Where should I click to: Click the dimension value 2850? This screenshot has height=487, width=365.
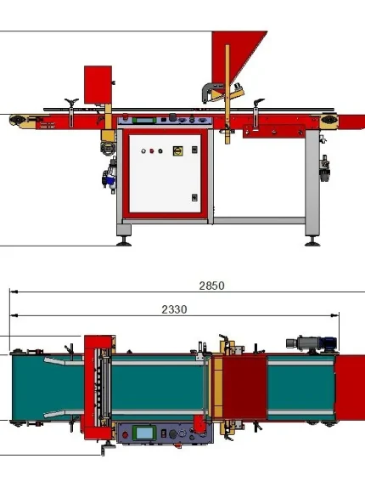(211, 286)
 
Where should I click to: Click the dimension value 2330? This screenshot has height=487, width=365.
(174, 309)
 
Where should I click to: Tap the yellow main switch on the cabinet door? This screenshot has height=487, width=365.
(177, 151)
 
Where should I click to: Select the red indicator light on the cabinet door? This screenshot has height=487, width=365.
(152, 151)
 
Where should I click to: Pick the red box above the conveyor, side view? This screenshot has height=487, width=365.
(98, 84)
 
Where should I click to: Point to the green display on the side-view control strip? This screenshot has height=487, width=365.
(144, 120)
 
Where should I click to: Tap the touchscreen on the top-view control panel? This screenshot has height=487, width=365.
(144, 433)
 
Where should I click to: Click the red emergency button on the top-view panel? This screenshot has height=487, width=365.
(125, 435)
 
